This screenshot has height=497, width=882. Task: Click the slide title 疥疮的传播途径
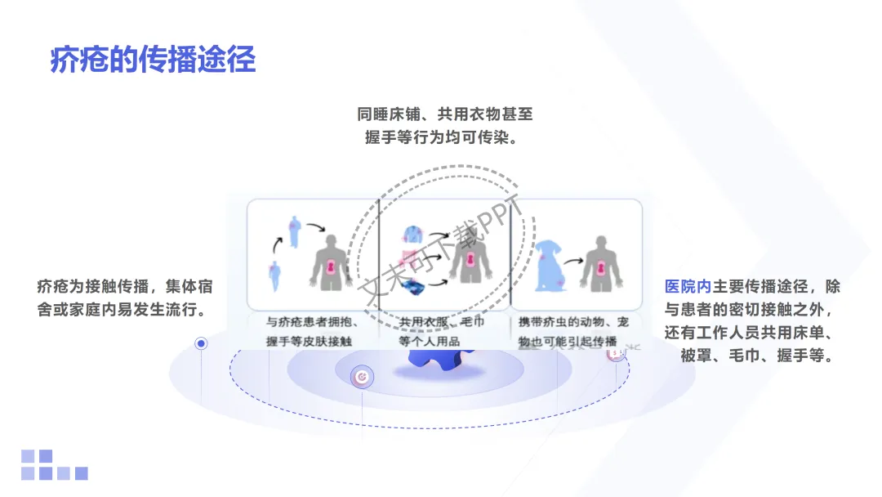click(x=153, y=60)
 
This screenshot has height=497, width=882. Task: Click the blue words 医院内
click(x=688, y=287)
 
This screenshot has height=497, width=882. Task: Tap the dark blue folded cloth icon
click(x=412, y=285)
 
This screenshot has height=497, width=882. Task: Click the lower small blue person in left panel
click(x=274, y=273)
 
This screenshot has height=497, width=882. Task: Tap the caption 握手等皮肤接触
click(x=312, y=341)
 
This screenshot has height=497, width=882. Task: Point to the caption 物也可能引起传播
click(x=568, y=341)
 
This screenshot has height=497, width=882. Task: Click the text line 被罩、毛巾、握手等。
click(x=755, y=357)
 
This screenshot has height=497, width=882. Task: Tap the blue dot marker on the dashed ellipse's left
click(x=201, y=344)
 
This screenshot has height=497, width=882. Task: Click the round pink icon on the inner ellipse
click(x=361, y=377)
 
